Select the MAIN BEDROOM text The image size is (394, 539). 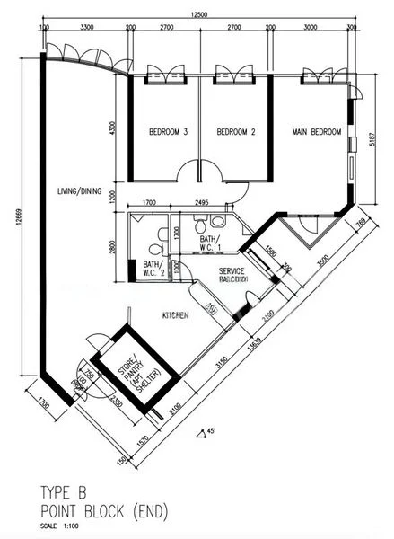pos(317,133)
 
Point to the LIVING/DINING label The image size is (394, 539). pos(80,191)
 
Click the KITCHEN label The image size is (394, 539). pos(174,315)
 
